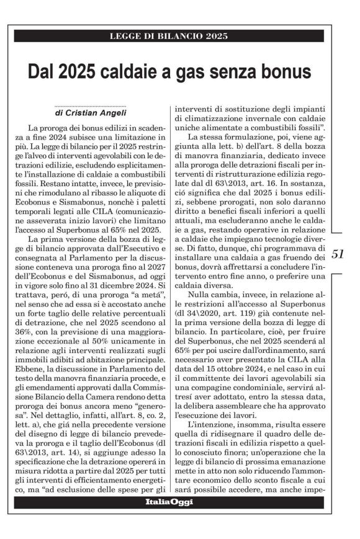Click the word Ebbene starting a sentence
point(34,384)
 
